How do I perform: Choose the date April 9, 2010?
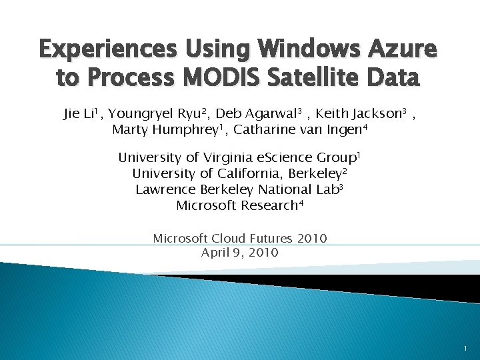(x=239, y=253)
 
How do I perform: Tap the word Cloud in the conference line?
(x=228, y=238)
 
